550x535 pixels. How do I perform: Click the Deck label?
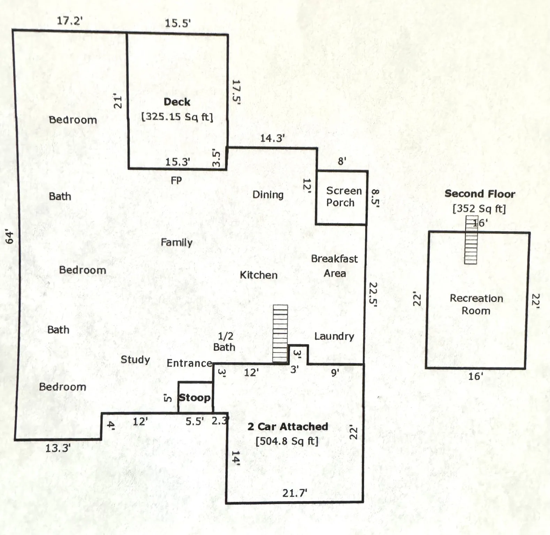tap(177, 102)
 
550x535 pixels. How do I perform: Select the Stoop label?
tap(194, 397)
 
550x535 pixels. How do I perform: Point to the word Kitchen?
tap(259, 275)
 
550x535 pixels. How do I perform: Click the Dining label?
tap(268, 195)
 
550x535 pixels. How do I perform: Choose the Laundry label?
tap(334, 336)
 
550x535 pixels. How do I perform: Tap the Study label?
tap(135, 359)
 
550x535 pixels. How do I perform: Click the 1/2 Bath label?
tap(225, 342)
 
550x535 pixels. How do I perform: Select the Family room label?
tap(176, 242)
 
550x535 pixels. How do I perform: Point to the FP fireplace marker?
tap(176, 180)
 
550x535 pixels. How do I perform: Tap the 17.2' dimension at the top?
tap(70, 21)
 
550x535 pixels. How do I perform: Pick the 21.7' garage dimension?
tap(295, 493)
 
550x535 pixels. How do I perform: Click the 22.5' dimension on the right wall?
tap(373, 294)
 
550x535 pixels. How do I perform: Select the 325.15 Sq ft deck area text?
tap(177, 117)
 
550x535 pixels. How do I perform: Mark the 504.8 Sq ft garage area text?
tap(287, 441)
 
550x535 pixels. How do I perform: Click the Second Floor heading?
tap(480, 194)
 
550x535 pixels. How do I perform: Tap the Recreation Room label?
tap(476, 304)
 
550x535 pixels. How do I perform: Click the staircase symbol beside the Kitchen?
tap(280, 333)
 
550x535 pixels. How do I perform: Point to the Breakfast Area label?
tap(334, 266)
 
